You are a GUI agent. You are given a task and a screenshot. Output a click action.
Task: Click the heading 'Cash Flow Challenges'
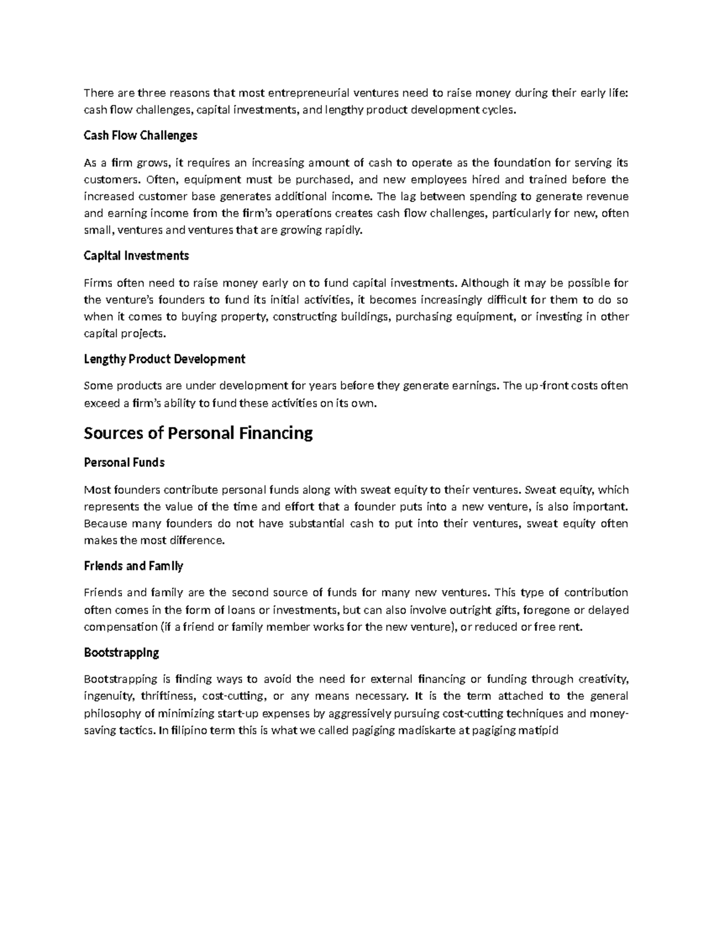(140, 136)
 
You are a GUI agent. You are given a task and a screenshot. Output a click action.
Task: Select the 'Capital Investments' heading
(136, 256)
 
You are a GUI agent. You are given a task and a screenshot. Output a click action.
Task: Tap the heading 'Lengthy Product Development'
(164, 359)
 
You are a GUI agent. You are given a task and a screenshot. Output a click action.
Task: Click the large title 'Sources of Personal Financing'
(198, 433)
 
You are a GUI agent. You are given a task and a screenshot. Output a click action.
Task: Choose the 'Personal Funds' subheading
(124, 463)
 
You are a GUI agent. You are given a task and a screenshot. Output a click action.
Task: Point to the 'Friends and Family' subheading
(133, 566)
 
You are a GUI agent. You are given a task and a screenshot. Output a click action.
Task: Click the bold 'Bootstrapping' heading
(121, 653)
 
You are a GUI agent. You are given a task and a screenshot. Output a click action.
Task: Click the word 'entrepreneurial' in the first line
(308, 92)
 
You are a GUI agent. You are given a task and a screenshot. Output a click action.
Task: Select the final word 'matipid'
(540, 730)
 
